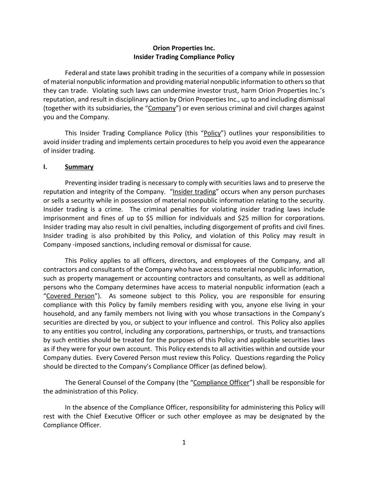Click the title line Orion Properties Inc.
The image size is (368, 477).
click(x=184, y=48)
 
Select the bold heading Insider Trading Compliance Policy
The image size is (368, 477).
click(x=184, y=57)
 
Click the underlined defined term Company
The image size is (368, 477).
click(x=162, y=108)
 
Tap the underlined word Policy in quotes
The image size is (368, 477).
click(x=212, y=133)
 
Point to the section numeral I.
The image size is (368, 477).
click(x=45, y=167)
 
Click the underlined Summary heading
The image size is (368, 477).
click(x=79, y=167)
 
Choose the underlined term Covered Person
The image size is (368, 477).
click(x=70, y=296)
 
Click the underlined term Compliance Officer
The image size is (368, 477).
click(x=221, y=382)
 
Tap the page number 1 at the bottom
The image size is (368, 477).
click(x=184, y=442)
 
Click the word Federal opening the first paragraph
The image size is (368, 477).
click(x=76, y=73)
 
